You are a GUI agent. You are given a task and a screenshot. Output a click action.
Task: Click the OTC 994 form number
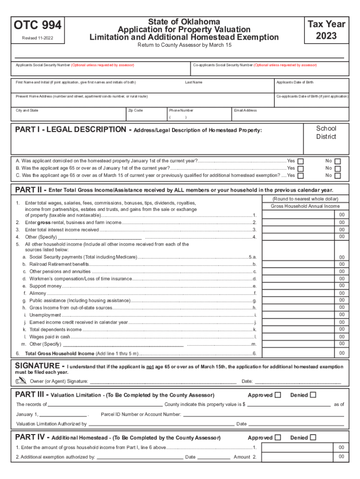(x=38, y=25)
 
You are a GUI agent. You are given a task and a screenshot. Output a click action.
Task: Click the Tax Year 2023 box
(x=326, y=29)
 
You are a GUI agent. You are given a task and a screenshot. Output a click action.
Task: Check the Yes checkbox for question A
(x=301, y=161)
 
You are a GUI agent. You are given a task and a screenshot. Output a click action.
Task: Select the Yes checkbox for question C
(x=301, y=176)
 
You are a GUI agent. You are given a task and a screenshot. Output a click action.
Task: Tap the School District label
(x=326, y=132)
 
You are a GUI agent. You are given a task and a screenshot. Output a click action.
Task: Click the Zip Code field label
(x=135, y=110)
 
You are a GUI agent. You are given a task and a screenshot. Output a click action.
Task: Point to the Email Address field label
(x=245, y=110)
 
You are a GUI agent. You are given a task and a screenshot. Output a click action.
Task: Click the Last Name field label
(x=194, y=82)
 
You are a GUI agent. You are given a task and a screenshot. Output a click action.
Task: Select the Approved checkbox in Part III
(x=278, y=395)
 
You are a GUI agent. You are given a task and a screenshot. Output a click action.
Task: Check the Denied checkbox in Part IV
(x=313, y=438)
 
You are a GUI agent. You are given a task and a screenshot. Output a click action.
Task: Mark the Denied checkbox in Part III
(x=313, y=395)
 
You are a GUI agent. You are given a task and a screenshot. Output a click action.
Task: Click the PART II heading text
(x=31, y=190)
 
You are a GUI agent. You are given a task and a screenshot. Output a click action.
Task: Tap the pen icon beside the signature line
(x=21, y=382)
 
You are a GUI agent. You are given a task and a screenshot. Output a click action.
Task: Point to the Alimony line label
(x=38, y=293)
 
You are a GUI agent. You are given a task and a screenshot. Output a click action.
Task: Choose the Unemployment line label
(x=45, y=315)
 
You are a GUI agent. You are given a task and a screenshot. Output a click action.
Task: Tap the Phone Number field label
(x=181, y=110)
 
